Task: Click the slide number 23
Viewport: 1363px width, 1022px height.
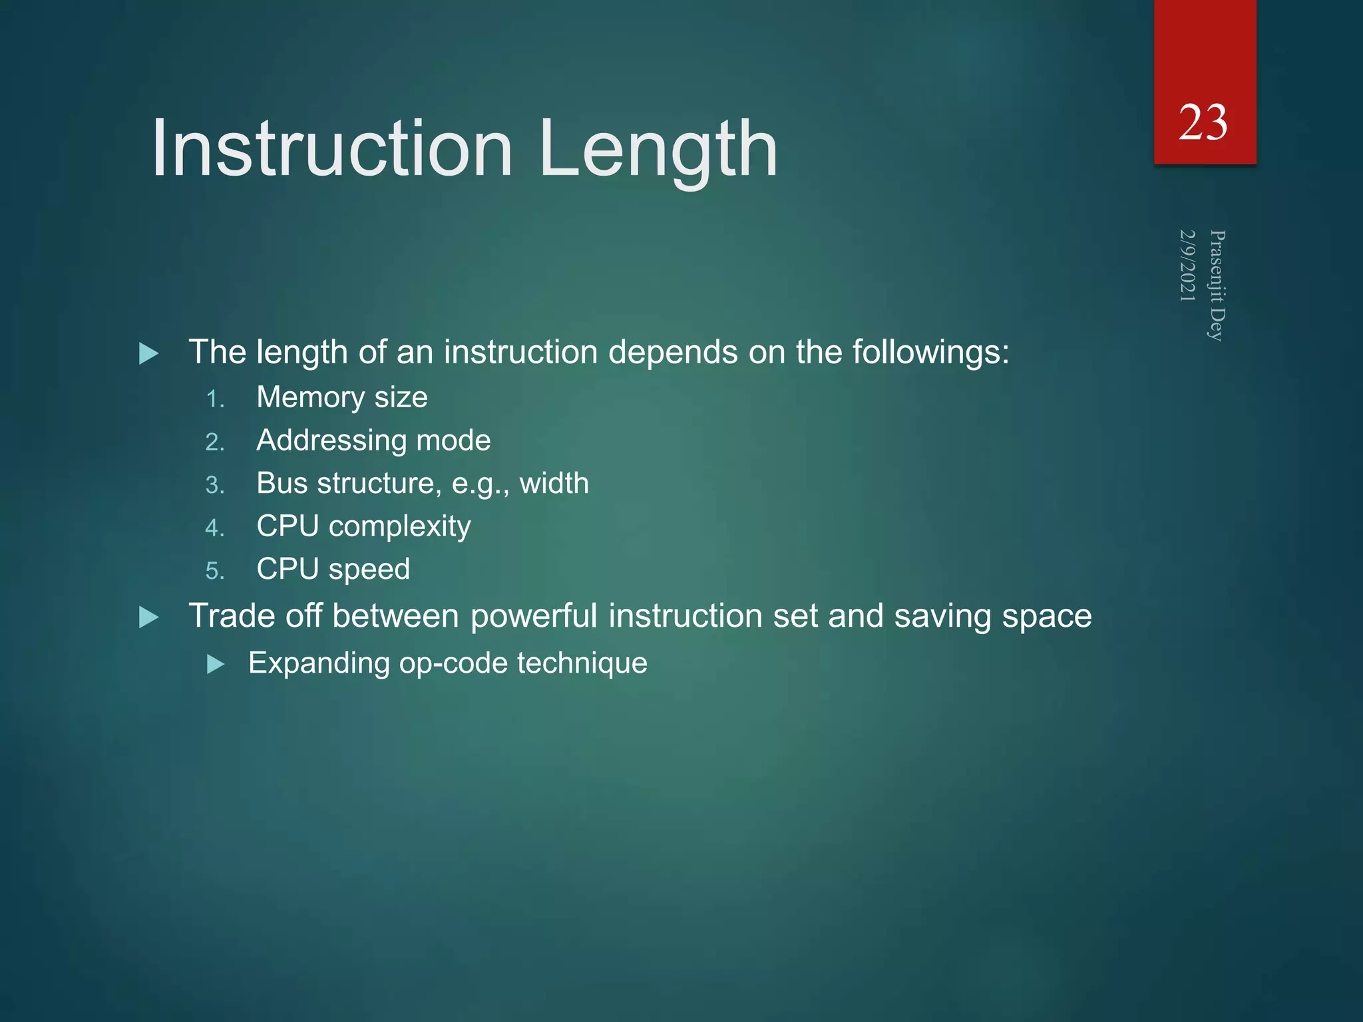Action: click(x=1203, y=123)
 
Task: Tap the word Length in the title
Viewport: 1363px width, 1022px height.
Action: click(x=658, y=148)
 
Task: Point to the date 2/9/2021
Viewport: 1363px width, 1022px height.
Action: click(x=1187, y=265)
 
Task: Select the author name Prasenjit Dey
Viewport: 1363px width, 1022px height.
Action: click(x=1217, y=285)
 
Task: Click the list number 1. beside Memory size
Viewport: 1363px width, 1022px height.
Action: click(x=215, y=399)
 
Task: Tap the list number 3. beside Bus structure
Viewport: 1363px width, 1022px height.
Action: click(x=215, y=485)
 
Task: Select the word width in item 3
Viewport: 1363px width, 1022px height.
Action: click(x=554, y=483)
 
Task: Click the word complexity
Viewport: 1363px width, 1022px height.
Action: click(x=400, y=527)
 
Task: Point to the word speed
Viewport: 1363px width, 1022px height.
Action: click(x=369, y=570)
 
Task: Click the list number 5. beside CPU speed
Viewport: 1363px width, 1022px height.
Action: click(x=215, y=571)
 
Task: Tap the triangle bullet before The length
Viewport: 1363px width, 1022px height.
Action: click(x=149, y=353)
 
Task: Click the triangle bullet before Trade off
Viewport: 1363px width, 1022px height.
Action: click(x=149, y=617)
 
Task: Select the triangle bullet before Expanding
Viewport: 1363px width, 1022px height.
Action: click(x=216, y=664)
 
